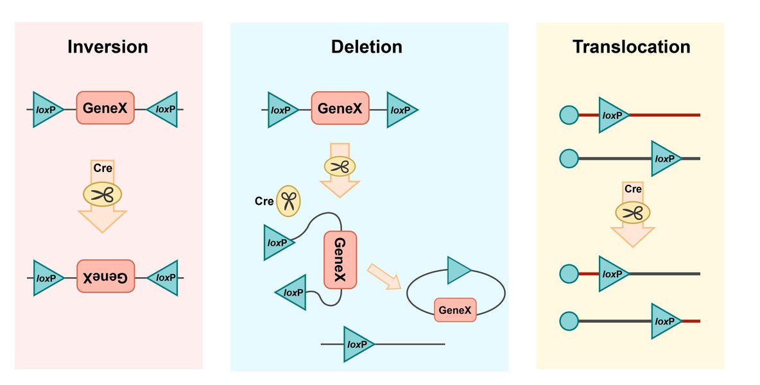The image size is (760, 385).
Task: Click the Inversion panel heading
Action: (108, 47)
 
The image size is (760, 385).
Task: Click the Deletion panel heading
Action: (367, 47)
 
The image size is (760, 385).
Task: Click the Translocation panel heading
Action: (631, 47)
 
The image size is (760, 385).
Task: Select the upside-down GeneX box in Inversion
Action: (105, 278)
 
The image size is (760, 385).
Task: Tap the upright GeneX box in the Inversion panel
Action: (105, 109)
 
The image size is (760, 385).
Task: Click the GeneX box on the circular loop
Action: (456, 311)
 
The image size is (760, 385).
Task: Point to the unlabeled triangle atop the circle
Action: (458, 270)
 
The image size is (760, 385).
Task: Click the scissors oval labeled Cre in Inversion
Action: (103, 193)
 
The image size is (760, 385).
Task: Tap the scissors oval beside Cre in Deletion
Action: (289, 201)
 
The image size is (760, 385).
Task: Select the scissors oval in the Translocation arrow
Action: (633, 212)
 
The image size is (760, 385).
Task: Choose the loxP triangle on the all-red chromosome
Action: (612, 116)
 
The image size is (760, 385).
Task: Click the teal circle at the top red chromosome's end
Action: (569, 116)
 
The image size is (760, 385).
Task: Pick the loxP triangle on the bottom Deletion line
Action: (357, 345)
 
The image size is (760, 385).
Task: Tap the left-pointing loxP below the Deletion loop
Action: (292, 293)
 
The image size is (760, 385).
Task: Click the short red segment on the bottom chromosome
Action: (691, 321)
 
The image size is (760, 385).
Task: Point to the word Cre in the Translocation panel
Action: (633, 189)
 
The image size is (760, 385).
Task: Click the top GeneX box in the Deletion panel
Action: (340, 109)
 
